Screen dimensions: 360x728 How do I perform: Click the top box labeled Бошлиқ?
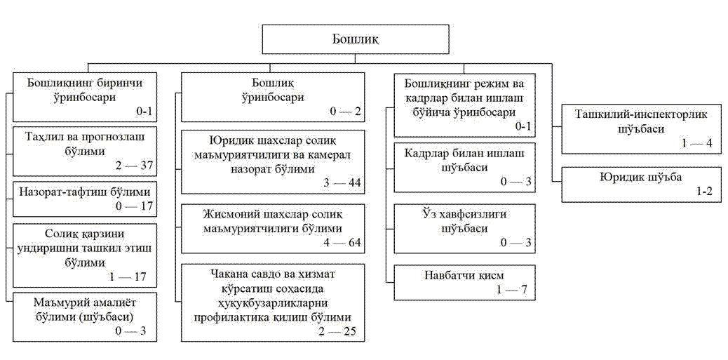355,39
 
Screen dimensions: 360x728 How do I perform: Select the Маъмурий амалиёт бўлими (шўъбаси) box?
85,316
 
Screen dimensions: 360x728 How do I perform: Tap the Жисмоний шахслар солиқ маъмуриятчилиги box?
273,227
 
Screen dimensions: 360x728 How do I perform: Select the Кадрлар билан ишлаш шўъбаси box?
464,167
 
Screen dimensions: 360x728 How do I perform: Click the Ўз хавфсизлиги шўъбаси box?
464,227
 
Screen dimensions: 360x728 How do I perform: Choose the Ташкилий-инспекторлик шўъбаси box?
641,128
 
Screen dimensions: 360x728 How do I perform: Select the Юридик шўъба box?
641,184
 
